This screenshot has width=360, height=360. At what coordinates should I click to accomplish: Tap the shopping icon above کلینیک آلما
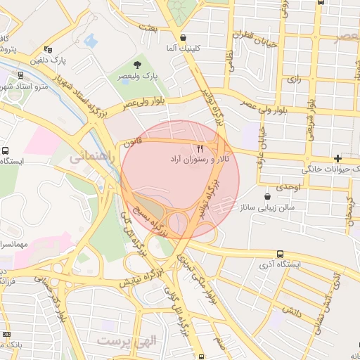184,38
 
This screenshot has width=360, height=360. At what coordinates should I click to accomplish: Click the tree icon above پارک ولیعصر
146,64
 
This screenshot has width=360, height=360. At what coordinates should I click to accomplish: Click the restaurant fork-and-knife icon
200,148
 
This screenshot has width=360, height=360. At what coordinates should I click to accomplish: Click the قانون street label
134,142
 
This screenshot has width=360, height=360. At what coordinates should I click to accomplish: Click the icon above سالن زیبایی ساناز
266,197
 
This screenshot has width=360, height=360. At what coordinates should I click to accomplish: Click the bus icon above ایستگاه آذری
281,254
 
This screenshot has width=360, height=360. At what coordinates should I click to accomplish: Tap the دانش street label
291,309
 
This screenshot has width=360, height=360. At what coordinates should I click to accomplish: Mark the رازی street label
294,79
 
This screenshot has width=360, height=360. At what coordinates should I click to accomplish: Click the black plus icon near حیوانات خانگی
339,158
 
